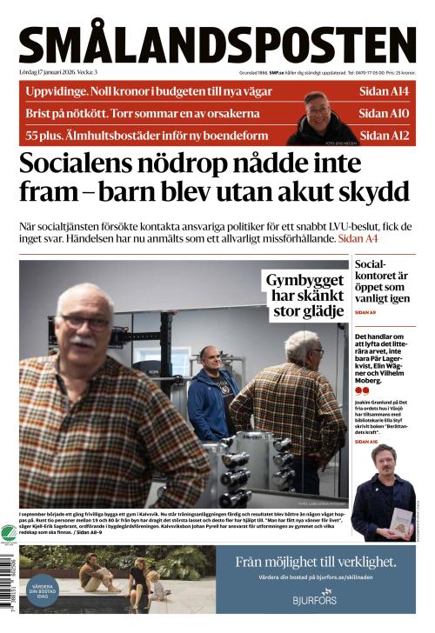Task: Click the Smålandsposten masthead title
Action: point(217,45)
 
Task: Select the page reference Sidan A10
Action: point(384,113)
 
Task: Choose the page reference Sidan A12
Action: point(384,135)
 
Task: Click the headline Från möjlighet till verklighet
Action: point(314,562)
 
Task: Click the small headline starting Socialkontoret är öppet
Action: point(383,280)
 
